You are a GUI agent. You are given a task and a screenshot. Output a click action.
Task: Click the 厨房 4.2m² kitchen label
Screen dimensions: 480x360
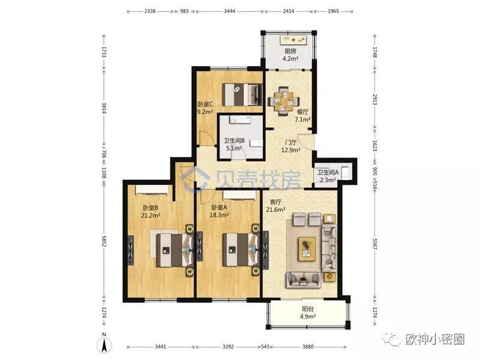[290, 55]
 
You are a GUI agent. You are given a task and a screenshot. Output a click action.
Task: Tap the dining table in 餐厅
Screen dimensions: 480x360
[284, 101]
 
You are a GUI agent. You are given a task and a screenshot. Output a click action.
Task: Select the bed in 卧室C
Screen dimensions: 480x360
[242, 94]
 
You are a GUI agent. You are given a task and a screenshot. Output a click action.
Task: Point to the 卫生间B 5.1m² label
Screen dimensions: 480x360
[234, 145]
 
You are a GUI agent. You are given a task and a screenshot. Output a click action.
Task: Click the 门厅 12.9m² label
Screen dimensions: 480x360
[290, 146]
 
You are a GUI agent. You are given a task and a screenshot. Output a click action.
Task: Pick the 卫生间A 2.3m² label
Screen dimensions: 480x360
[328, 176]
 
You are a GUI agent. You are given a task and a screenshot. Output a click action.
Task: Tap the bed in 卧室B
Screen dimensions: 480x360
[175, 250]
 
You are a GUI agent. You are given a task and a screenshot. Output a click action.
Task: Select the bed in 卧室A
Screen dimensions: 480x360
[241, 250]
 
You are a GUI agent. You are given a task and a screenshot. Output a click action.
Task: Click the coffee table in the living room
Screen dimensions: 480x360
[307, 249]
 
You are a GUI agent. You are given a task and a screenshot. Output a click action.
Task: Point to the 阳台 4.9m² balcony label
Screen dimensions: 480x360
[308, 313]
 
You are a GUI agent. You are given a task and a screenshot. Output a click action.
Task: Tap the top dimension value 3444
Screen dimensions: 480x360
[229, 11]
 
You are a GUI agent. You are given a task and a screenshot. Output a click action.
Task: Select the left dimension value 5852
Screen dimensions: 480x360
[104, 241]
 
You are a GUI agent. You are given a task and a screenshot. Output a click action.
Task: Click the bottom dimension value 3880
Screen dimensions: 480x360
[308, 347]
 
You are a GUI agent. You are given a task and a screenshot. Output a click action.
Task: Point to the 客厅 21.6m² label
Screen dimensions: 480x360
[275, 206]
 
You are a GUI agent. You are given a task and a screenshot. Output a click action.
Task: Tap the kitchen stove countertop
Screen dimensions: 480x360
[293, 40]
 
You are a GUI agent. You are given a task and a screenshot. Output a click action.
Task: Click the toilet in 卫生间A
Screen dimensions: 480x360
[346, 172]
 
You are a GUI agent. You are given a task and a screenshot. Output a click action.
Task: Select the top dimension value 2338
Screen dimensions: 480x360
[149, 11]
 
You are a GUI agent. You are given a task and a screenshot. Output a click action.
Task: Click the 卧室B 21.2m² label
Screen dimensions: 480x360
[151, 212]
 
